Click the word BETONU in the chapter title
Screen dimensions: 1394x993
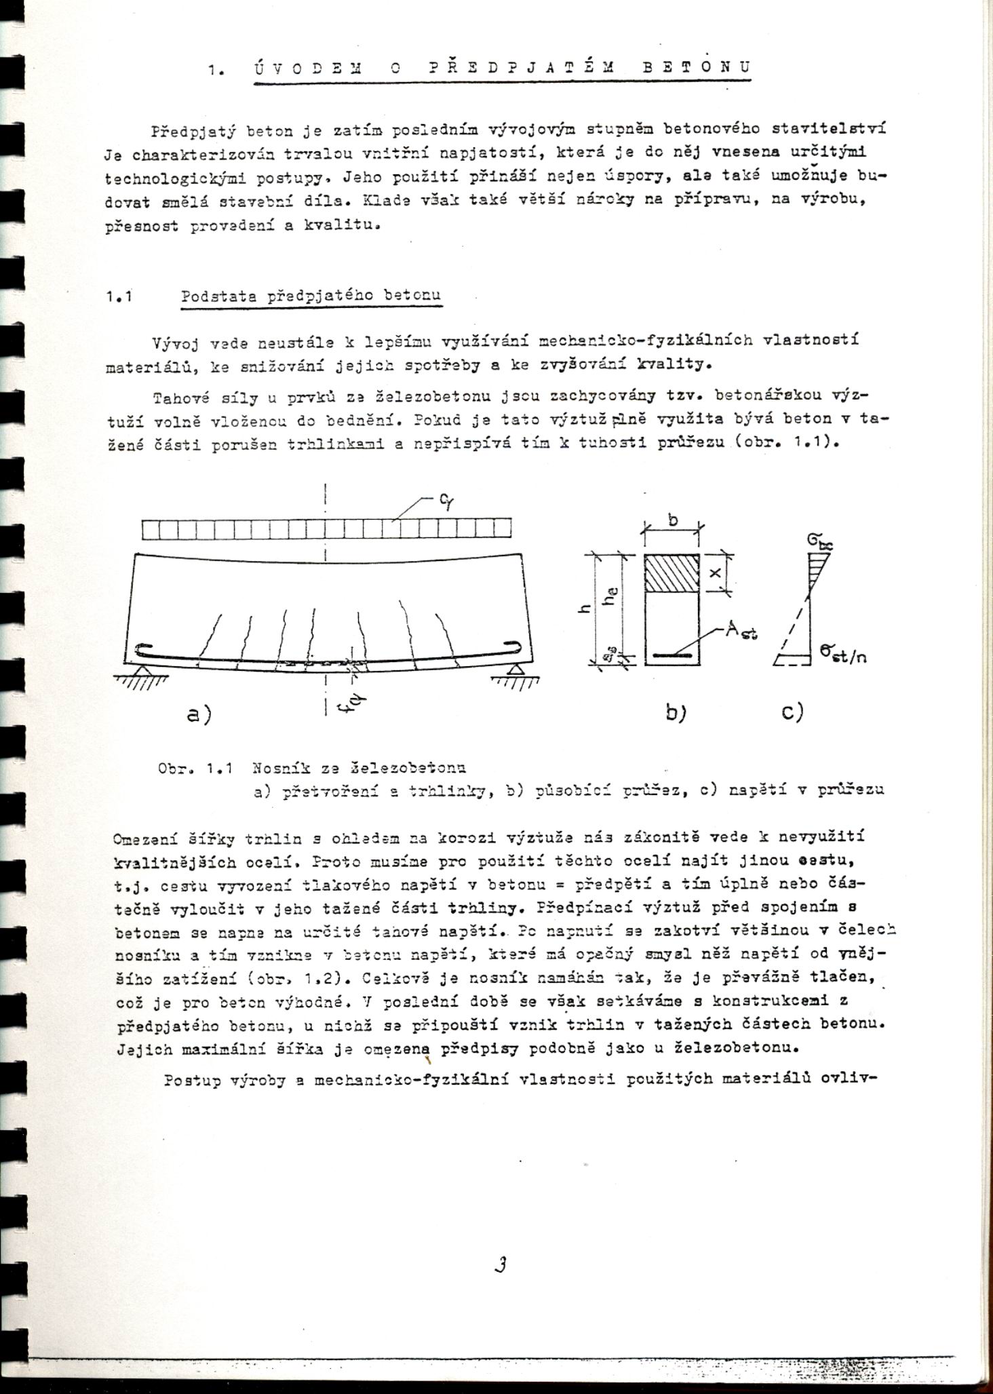696,68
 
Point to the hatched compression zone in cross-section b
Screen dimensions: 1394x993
671,573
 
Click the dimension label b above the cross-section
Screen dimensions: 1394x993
673,520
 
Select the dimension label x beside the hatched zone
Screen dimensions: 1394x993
715,573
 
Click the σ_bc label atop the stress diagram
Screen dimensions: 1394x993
819,541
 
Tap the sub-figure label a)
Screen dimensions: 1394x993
199,714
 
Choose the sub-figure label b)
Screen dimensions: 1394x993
676,713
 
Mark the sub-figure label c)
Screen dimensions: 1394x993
792,712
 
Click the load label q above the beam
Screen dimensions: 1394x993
446,500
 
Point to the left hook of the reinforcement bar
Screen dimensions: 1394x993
144,650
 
